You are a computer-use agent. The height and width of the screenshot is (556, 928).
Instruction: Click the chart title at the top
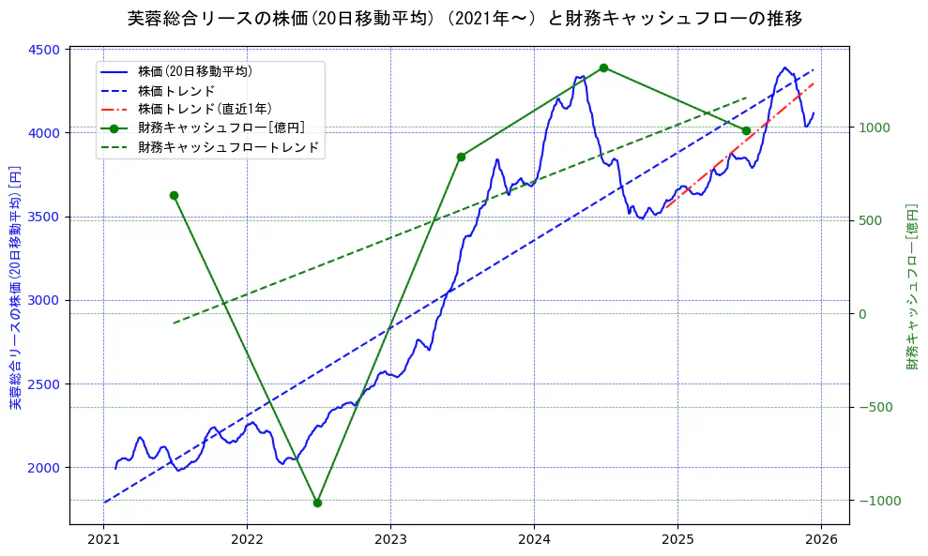coord(464,18)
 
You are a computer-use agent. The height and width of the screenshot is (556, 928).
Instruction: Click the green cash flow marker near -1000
coord(317,503)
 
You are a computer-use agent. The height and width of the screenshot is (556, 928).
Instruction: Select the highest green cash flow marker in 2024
coord(603,68)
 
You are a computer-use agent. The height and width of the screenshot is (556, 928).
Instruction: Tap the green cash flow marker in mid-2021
coord(174,195)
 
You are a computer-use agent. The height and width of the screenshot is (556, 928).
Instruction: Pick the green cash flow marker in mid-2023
coord(461,157)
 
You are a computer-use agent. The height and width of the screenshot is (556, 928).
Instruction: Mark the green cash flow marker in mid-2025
coord(746,130)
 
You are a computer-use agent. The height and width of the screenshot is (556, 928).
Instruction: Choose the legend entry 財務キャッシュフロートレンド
coord(228,147)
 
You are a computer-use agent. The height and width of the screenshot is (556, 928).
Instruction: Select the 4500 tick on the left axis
coord(49,50)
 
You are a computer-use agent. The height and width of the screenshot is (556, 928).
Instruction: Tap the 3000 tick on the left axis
coord(49,300)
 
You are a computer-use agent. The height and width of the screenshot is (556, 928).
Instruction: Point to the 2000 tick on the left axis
coord(49,467)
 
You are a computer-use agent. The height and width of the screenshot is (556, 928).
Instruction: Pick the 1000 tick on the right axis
coord(875,128)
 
